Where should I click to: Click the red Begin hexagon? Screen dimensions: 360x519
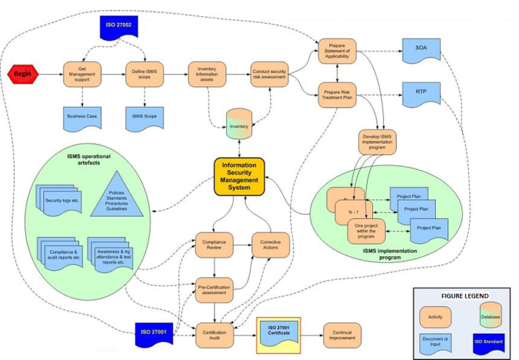tap(23, 74)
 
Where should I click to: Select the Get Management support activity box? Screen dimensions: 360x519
tap(82, 74)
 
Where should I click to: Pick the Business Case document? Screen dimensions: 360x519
tap(82, 116)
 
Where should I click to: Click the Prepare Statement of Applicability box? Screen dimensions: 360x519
tap(337, 51)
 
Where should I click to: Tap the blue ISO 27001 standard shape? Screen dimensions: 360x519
tap(155, 332)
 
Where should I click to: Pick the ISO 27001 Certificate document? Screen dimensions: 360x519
tap(278, 332)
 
